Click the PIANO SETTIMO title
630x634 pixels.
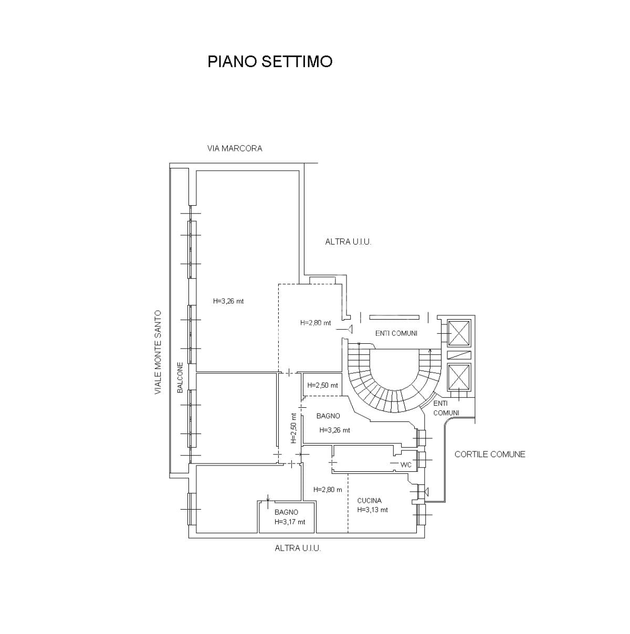[x=269, y=61]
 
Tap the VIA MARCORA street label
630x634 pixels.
[x=235, y=149]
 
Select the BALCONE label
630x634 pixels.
[x=180, y=377]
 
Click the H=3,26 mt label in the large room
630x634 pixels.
[x=228, y=301]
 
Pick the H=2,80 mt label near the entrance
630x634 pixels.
[x=316, y=323]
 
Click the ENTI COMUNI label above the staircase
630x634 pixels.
[x=396, y=333]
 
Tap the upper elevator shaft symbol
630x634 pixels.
[x=459, y=333]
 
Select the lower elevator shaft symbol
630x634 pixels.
[x=459, y=377]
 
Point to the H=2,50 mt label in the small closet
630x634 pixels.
[x=322, y=385]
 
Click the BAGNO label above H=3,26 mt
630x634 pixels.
[x=328, y=416]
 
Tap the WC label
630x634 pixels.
[x=406, y=465]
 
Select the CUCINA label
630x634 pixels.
[x=369, y=501]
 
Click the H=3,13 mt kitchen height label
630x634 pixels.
[x=372, y=510]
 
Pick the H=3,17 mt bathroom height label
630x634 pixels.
[x=290, y=522]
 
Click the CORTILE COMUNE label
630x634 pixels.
[x=490, y=455]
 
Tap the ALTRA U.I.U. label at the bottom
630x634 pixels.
[x=298, y=548]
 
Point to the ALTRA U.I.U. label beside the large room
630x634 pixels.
[x=348, y=242]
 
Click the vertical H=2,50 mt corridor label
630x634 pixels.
[x=294, y=428]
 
